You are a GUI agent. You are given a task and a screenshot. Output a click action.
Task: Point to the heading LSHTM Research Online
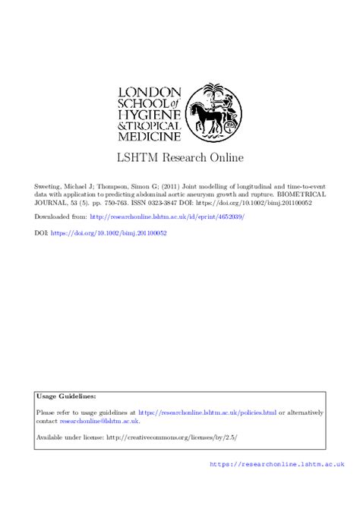[179, 160]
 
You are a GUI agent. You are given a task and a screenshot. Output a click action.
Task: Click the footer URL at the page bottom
[276, 485]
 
